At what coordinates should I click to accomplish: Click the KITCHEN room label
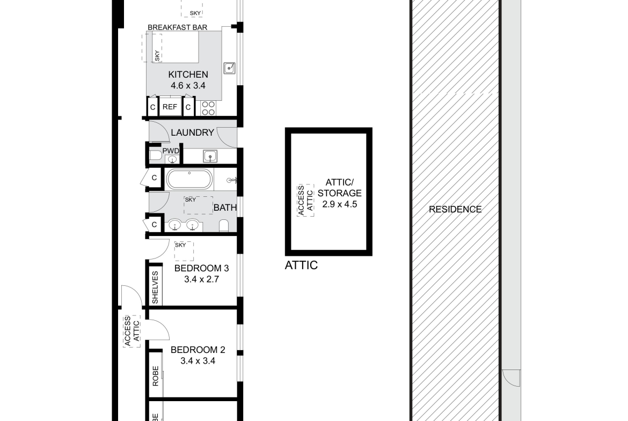[188, 75]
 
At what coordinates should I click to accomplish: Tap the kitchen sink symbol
[229, 68]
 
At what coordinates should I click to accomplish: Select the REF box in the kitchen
[170, 107]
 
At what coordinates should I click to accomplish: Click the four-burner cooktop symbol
[208, 108]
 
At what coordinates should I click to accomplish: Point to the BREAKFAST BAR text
[178, 27]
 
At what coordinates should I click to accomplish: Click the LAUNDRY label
[192, 132]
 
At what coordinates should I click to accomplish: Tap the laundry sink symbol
[210, 156]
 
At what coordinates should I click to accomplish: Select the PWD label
[171, 151]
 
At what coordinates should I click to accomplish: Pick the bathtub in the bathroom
[189, 179]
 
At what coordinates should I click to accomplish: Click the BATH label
[225, 208]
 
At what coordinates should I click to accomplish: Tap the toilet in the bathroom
[224, 225]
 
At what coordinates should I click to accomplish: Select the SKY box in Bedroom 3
[184, 251]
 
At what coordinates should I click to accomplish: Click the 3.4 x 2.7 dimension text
[201, 279]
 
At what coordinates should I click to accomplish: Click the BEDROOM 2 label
[198, 350]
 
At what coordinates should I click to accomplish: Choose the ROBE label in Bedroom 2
[156, 376]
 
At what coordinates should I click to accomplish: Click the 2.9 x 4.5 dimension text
[340, 204]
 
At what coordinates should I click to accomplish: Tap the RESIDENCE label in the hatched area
[455, 209]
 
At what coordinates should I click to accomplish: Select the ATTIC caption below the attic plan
[301, 265]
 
